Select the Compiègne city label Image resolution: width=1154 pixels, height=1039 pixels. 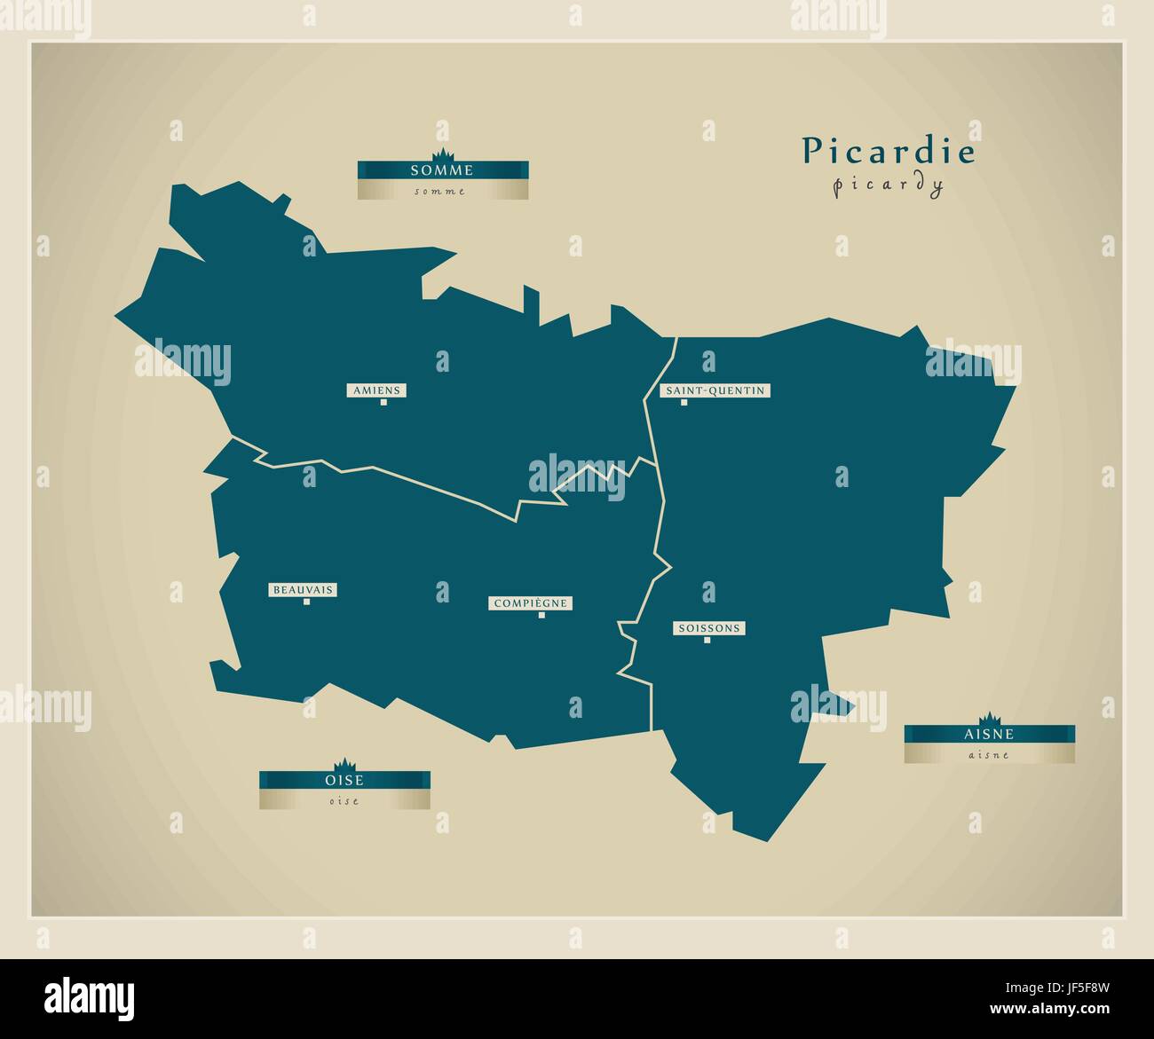click(x=530, y=603)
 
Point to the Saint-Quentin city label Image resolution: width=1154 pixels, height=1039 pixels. click(x=715, y=390)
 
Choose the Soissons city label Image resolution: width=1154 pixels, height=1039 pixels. click(x=707, y=628)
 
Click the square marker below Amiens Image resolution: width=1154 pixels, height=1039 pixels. click(x=384, y=402)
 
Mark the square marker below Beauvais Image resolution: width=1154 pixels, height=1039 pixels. click(x=306, y=602)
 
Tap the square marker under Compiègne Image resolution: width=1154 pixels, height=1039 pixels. click(x=541, y=615)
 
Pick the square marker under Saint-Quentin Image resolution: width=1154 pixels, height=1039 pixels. click(x=684, y=402)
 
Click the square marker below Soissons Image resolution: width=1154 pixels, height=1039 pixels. click(x=707, y=640)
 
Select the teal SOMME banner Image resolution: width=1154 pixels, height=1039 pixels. click(x=442, y=169)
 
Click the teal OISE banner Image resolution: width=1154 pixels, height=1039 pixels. click(x=344, y=780)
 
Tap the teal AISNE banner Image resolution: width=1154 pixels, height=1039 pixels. click(x=989, y=734)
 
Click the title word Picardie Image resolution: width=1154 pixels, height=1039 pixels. click(x=889, y=152)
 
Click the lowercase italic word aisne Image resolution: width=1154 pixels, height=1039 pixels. click(x=989, y=755)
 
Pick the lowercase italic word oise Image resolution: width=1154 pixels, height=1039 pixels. click(x=344, y=800)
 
